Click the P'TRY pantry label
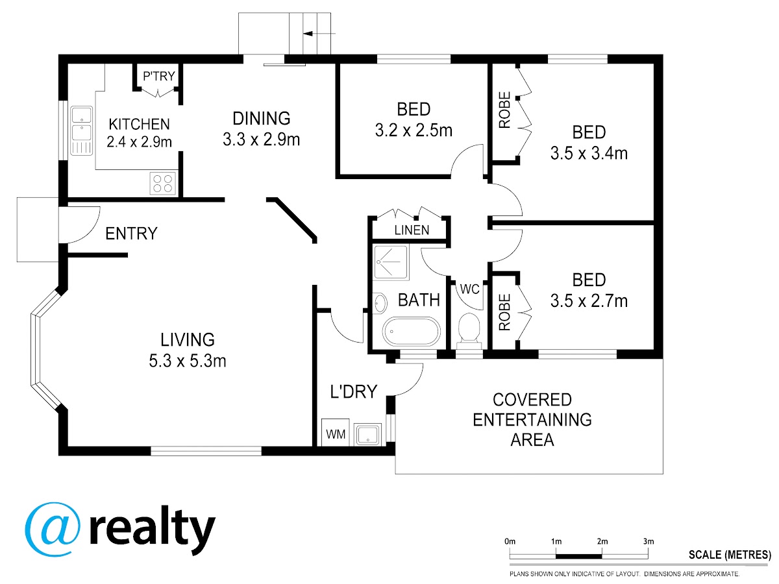click(x=158, y=76)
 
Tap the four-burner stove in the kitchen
click(x=163, y=183)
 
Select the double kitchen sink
click(x=82, y=130)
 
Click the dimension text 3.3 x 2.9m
click(x=261, y=140)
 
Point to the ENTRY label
click(x=131, y=234)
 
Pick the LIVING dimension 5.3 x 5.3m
click(x=188, y=361)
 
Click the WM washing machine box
click(x=336, y=433)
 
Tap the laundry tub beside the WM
click(x=367, y=435)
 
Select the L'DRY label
click(x=354, y=391)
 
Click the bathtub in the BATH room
click(x=412, y=332)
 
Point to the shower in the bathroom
click(x=391, y=262)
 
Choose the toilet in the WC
click(x=469, y=331)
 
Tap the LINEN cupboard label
click(x=412, y=230)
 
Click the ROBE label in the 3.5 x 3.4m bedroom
click(x=504, y=110)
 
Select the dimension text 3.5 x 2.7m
click(x=589, y=300)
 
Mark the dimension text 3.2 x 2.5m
click(x=414, y=130)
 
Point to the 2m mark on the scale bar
click(x=602, y=541)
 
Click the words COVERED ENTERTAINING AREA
click(x=532, y=419)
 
